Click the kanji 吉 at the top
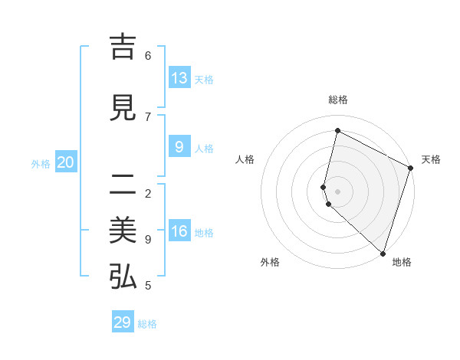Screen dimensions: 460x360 coord(123,48)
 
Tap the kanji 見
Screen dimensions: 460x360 coord(123,109)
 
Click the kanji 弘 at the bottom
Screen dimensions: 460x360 coord(123,277)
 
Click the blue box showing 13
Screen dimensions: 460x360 coord(179,78)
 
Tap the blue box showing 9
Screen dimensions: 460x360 coord(179,147)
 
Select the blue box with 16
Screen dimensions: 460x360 coord(179,231)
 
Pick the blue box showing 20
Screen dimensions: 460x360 coord(66,162)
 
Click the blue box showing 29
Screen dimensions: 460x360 coord(123,322)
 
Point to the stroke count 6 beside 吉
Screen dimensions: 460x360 coord(148,56)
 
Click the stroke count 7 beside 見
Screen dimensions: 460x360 coord(148,116)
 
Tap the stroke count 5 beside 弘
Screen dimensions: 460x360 coord(148,286)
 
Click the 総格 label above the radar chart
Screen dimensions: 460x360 coord(337,100)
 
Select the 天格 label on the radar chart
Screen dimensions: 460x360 coord(432,159)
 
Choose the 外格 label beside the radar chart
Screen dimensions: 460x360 coord(270,262)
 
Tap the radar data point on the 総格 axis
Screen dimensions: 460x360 coord(337,130)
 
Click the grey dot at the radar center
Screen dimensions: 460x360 coord(337,191)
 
